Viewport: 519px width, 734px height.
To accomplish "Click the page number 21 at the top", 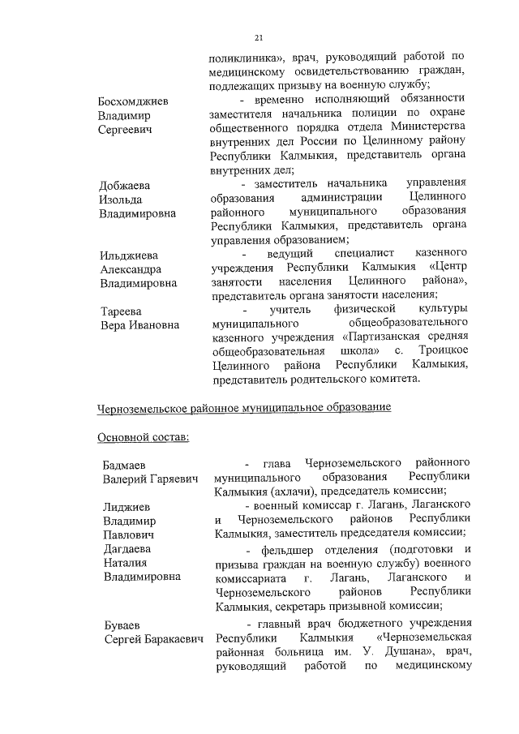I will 259,37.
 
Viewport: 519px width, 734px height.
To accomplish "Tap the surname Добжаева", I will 125,185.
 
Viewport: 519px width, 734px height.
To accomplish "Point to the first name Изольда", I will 121,200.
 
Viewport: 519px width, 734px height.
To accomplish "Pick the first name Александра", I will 131,269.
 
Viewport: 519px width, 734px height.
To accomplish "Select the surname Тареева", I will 121,311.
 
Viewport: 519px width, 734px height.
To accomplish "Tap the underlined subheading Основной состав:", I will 143,438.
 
